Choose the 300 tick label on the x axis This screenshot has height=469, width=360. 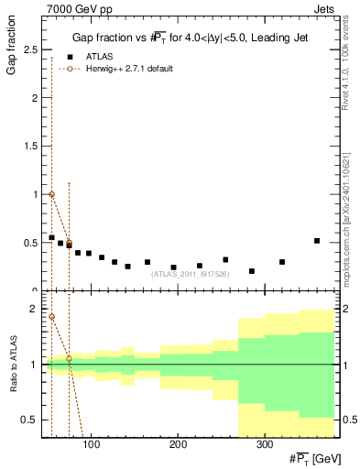[264, 446]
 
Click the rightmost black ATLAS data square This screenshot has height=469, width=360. [317, 241]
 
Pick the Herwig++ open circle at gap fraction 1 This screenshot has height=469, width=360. [51, 194]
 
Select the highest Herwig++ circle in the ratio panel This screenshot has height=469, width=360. [51, 317]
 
